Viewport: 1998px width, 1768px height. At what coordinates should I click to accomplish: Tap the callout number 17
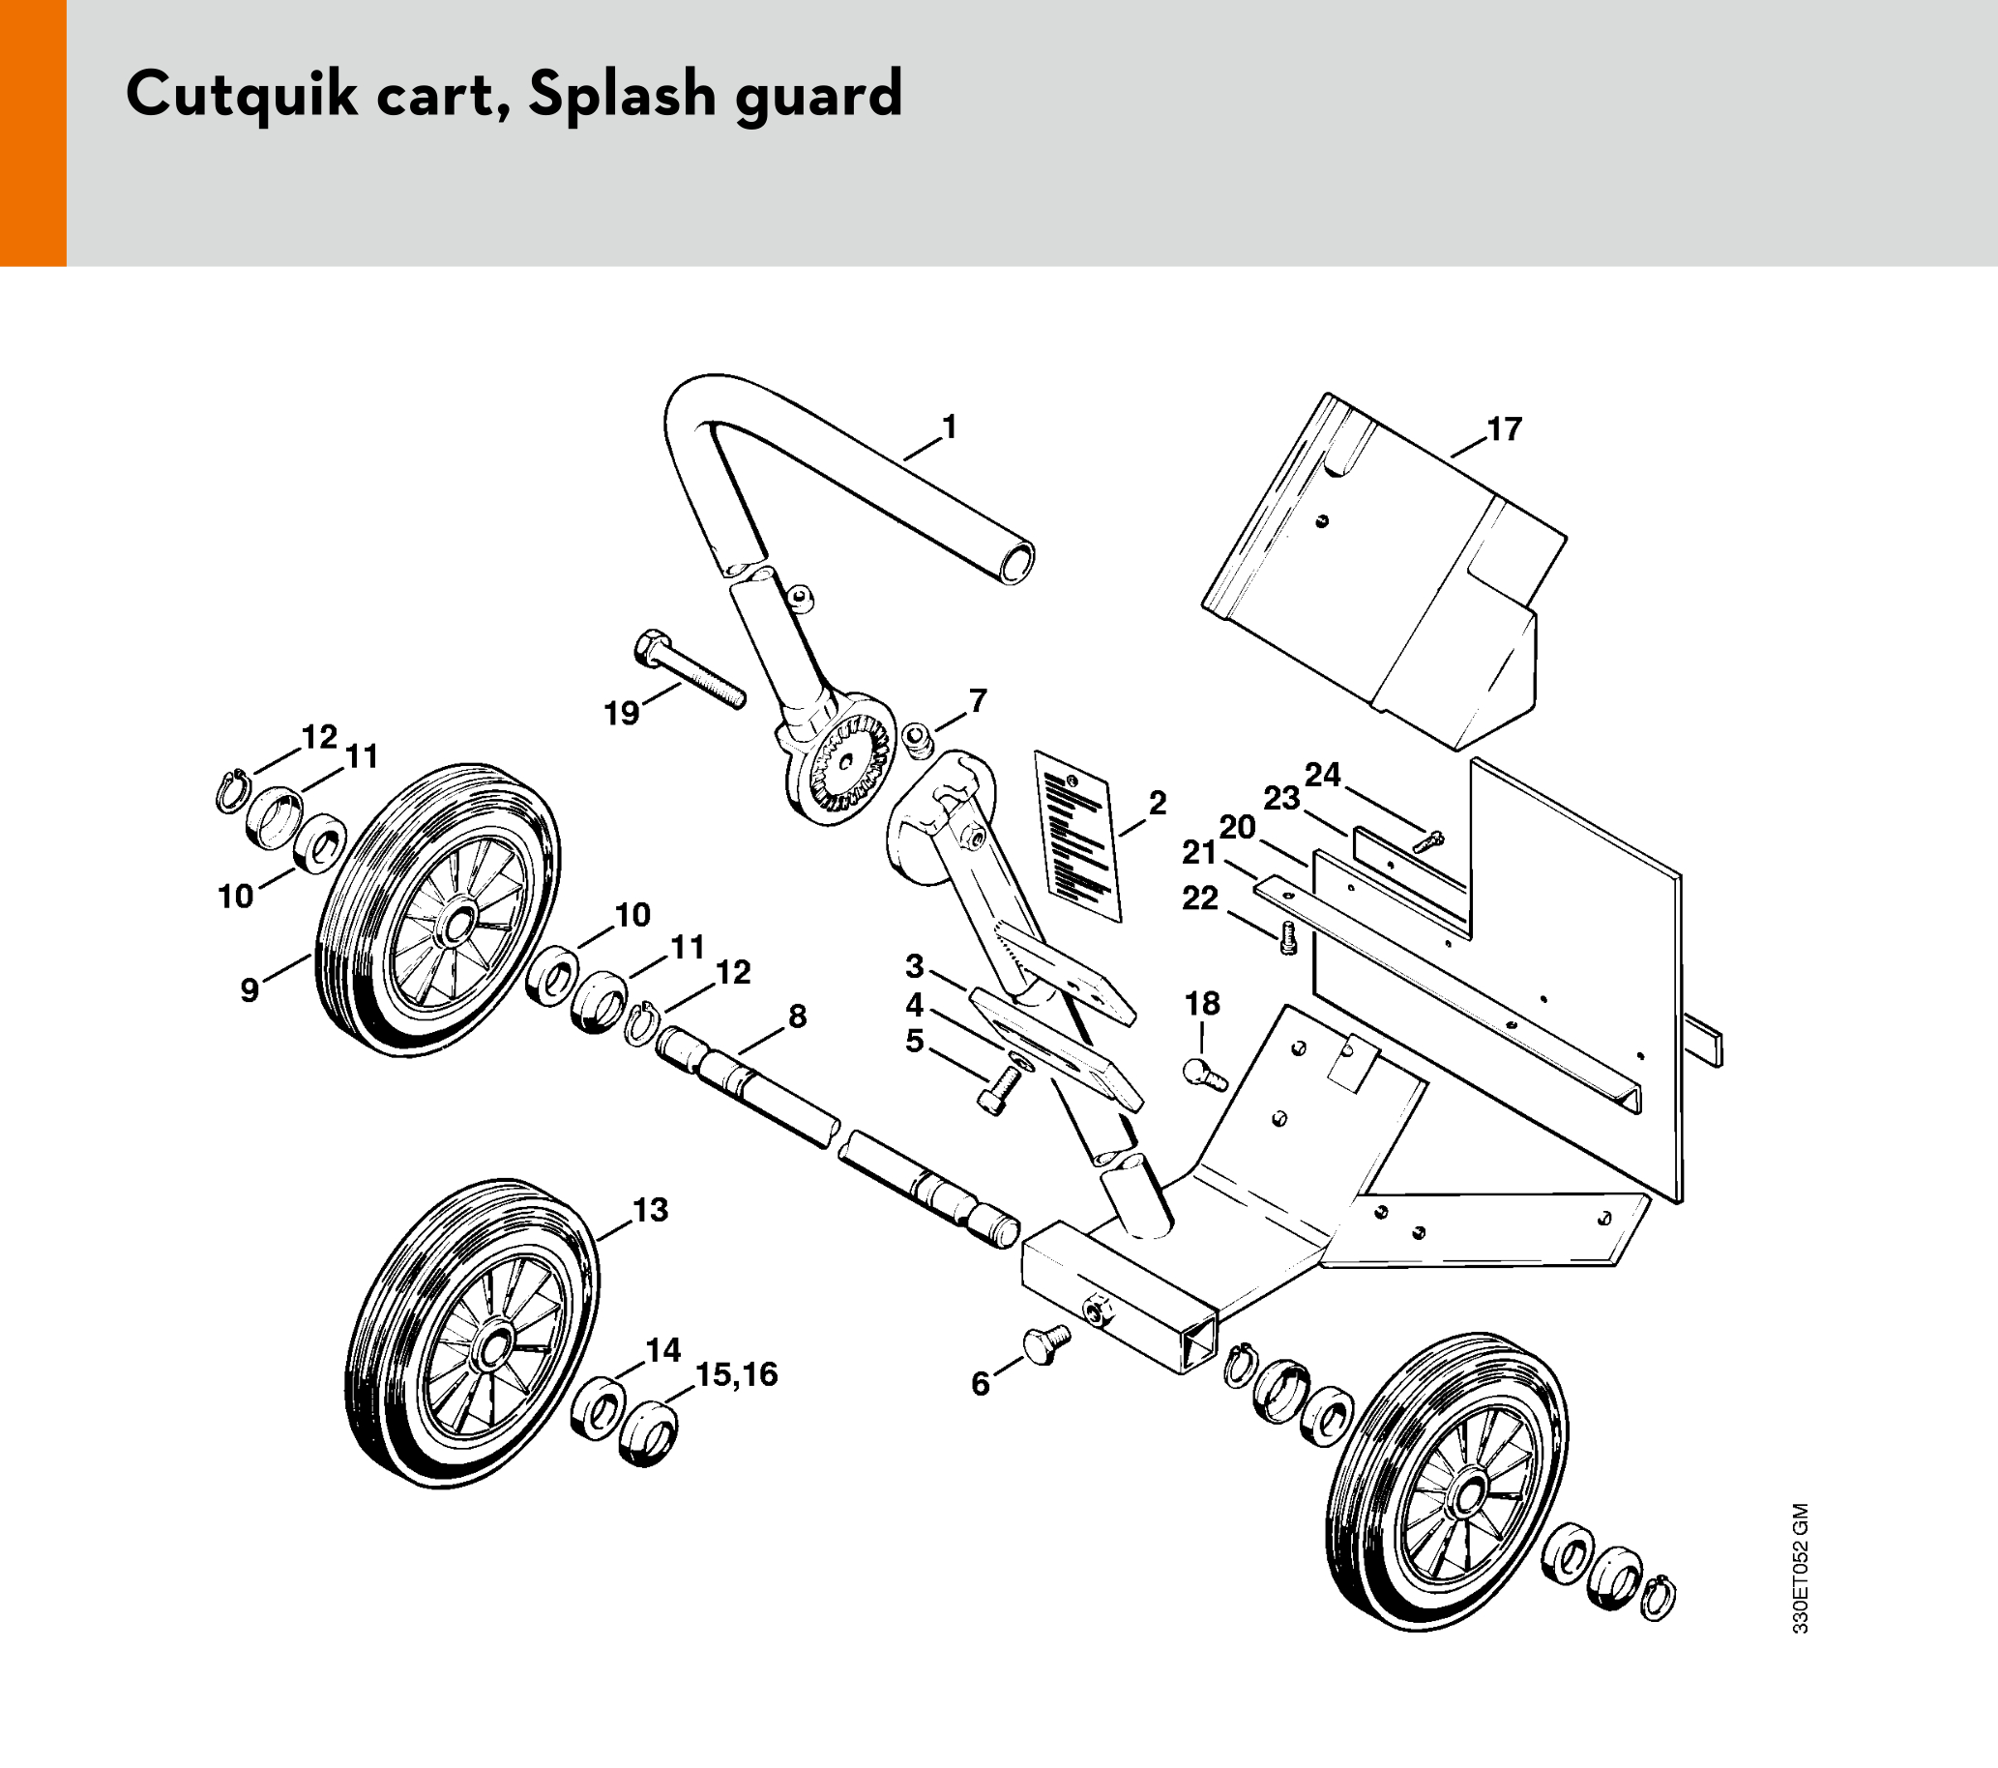click(x=1505, y=429)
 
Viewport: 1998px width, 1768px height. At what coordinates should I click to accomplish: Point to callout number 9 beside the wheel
click(x=250, y=990)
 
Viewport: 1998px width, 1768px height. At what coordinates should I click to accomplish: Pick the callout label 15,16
click(x=736, y=1375)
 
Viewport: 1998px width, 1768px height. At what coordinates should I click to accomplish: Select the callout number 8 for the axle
click(x=798, y=1017)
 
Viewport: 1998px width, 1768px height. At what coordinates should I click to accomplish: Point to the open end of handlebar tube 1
click(x=1016, y=564)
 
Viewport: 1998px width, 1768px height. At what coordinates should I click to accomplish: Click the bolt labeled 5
click(x=999, y=1089)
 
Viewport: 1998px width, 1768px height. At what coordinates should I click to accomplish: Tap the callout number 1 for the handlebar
click(x=949, y=427)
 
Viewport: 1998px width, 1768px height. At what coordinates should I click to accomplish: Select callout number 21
click(x=1199, y=853)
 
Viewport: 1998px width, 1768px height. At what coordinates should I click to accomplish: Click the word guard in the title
click(x=819, y=97)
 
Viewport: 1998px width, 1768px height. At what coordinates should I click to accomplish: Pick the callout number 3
click(x=914, y=966)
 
